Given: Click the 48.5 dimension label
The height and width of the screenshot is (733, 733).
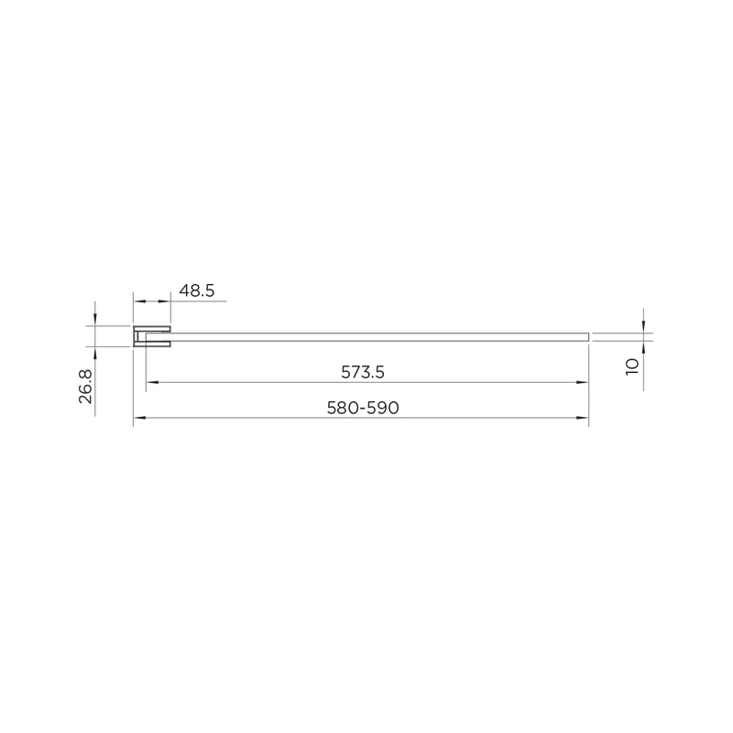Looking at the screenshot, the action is (x=197, y=290).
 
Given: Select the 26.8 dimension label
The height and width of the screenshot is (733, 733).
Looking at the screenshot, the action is (x=85, y=386).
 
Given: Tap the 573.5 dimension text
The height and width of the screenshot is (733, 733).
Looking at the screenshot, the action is (x=363, y=372).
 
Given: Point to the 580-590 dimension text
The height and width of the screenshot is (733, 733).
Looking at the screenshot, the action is (x=363, y=408).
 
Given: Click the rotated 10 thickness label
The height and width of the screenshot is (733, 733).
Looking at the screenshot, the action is (x=632, y=367).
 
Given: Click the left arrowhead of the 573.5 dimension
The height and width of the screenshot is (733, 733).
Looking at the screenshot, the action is (x=152, y=382).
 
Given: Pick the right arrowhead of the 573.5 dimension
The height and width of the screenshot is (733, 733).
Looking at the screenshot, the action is (x=583, y=382).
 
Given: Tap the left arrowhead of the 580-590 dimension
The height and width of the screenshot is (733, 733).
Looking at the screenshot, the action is (x=139, y=418).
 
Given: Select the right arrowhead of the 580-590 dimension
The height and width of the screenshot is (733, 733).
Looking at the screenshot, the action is (x=583, y=418).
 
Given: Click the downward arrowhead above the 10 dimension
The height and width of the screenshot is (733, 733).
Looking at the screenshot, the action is (x=644, y=327).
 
